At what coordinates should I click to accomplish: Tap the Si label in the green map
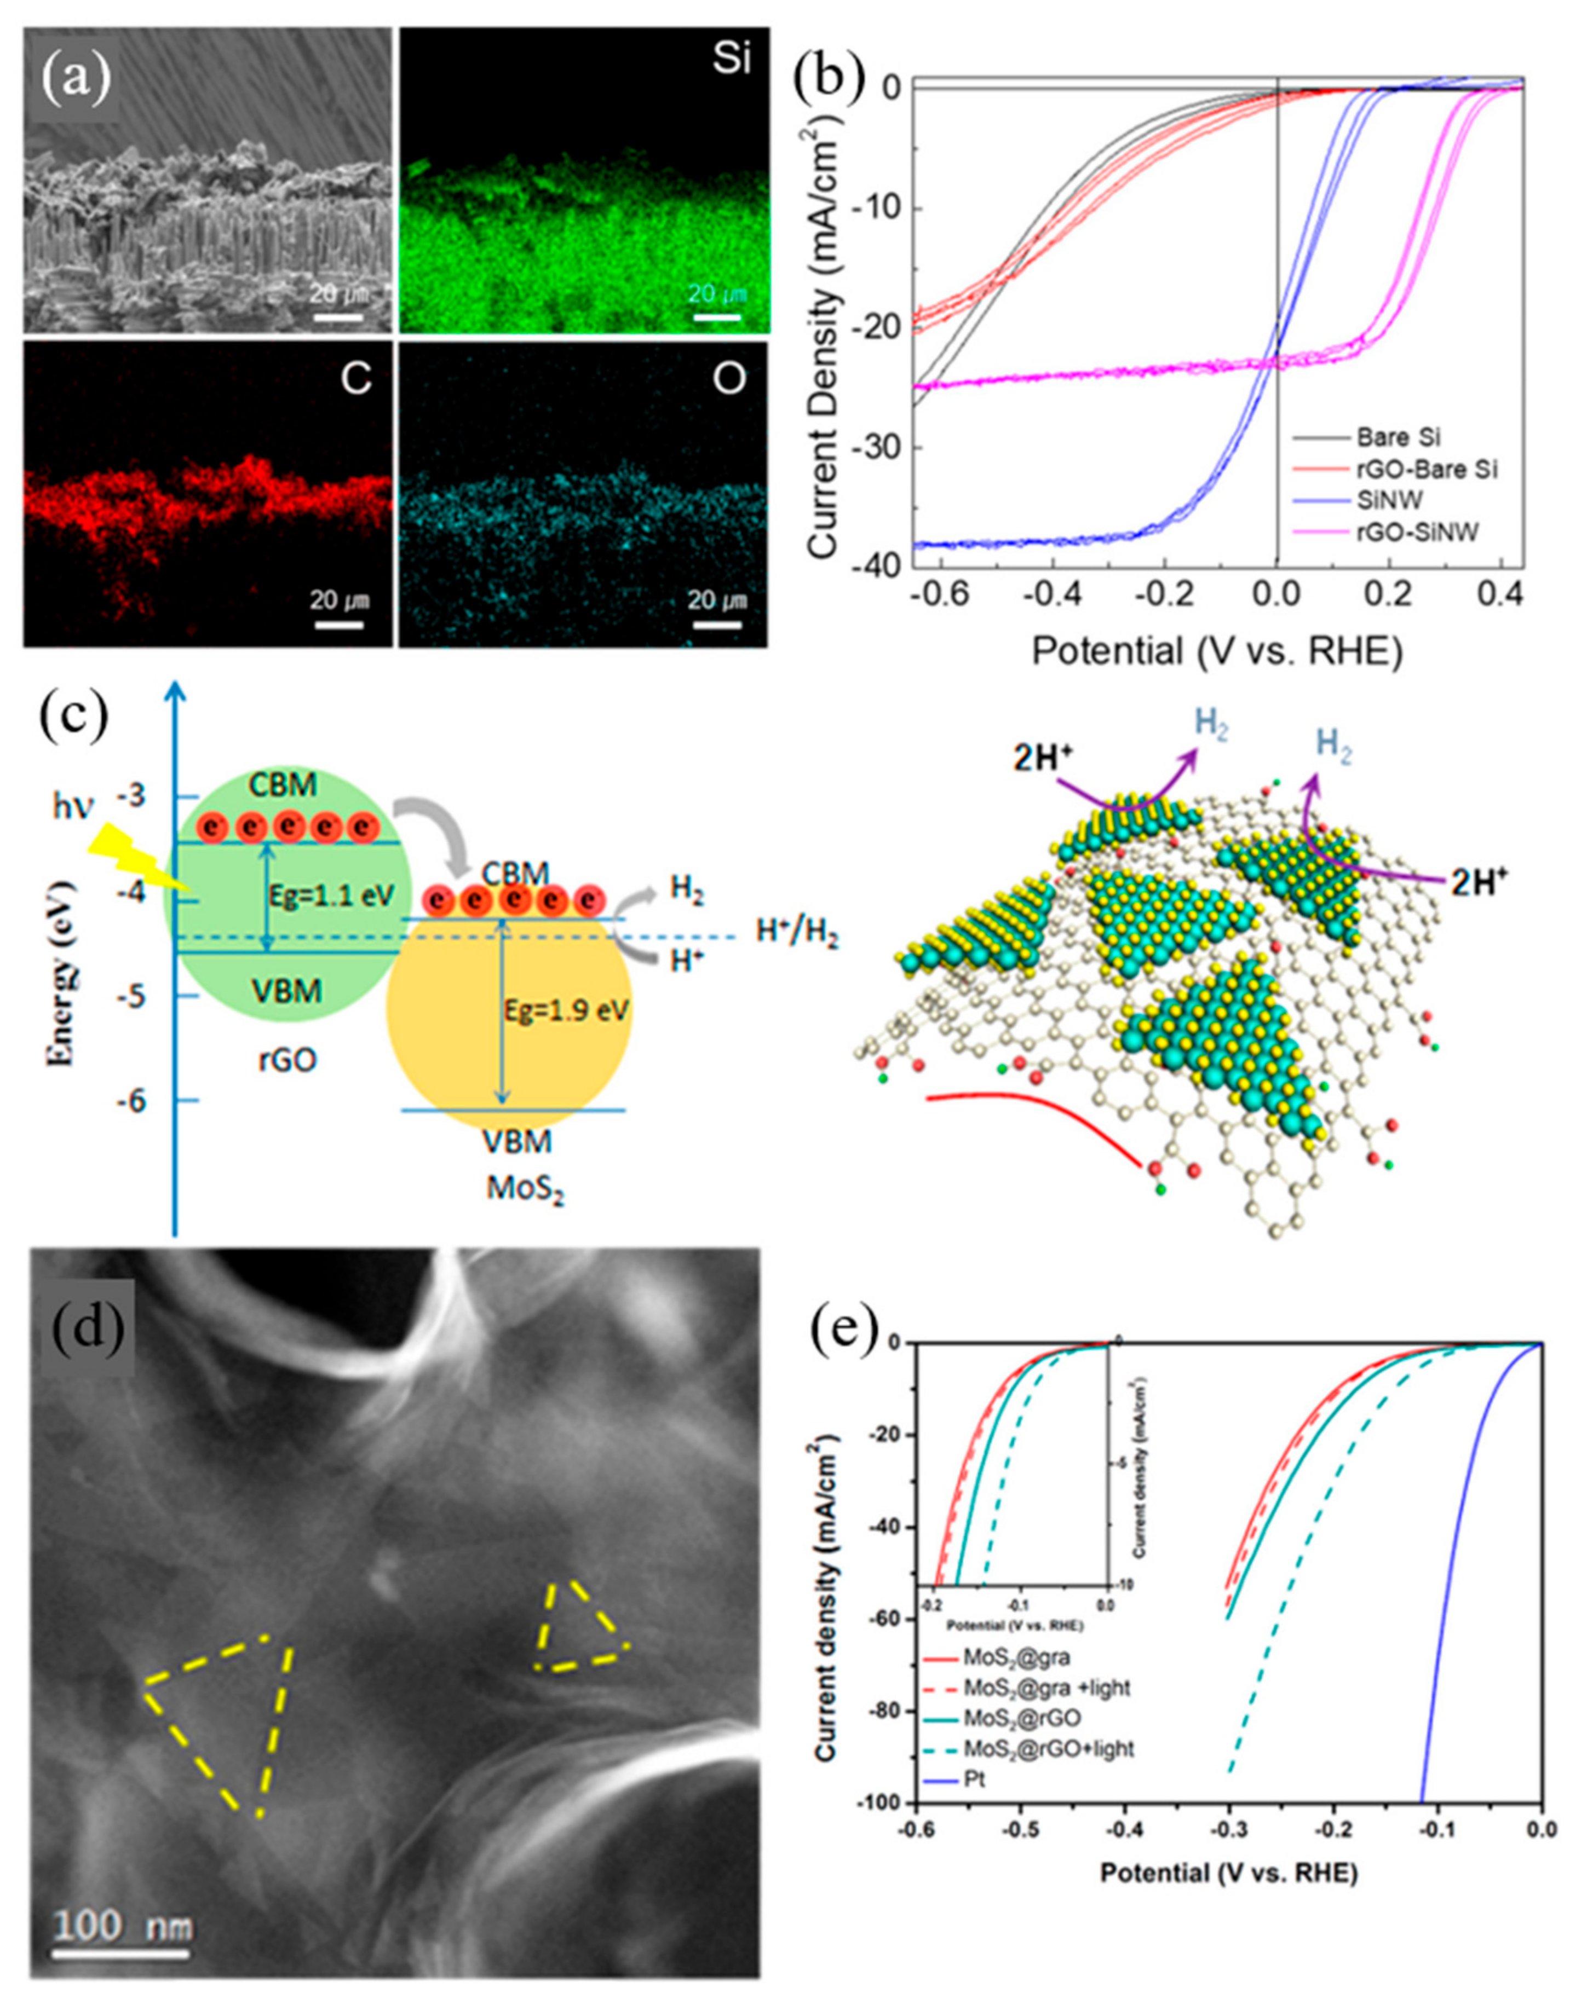point(731,61)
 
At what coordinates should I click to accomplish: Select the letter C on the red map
point(356,378)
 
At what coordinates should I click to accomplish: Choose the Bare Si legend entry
point(1399,436)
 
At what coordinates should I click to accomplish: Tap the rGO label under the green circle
point(286,1058)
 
